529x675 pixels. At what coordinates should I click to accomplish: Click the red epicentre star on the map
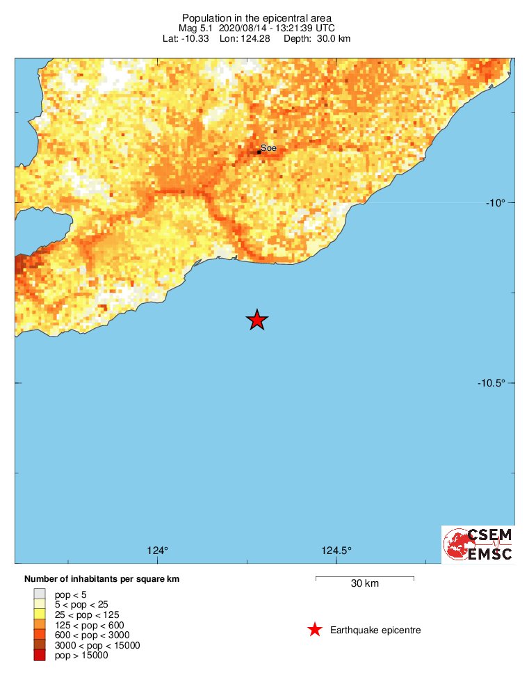pos(257,320)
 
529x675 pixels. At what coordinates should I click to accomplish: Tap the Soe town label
pos(268,148)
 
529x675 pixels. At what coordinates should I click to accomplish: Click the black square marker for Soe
pos(259,152)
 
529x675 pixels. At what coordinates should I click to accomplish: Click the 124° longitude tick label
pos(158,551)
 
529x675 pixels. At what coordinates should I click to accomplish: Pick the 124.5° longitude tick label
pos(336,551)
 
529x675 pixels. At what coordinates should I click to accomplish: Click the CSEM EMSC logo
pos(479,544)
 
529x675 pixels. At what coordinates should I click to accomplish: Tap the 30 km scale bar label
pos(364,584)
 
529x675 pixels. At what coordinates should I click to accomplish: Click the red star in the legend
pos(315,630)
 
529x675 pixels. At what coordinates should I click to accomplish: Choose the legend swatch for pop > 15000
pos(40,655)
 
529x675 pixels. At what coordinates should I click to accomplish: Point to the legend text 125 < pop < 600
pos(89,625)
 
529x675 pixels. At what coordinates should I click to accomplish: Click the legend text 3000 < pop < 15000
pos(97,645)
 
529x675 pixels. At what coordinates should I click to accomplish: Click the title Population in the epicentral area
pos(257,17)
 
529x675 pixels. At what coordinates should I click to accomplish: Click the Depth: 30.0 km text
pos(316,38)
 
